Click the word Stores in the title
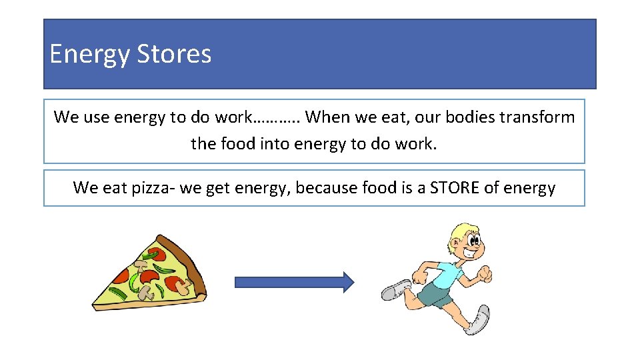(174, 54)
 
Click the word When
(328, 117)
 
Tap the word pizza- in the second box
(147, 188)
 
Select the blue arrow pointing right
(294, 282)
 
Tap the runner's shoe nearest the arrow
(397, 290)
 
